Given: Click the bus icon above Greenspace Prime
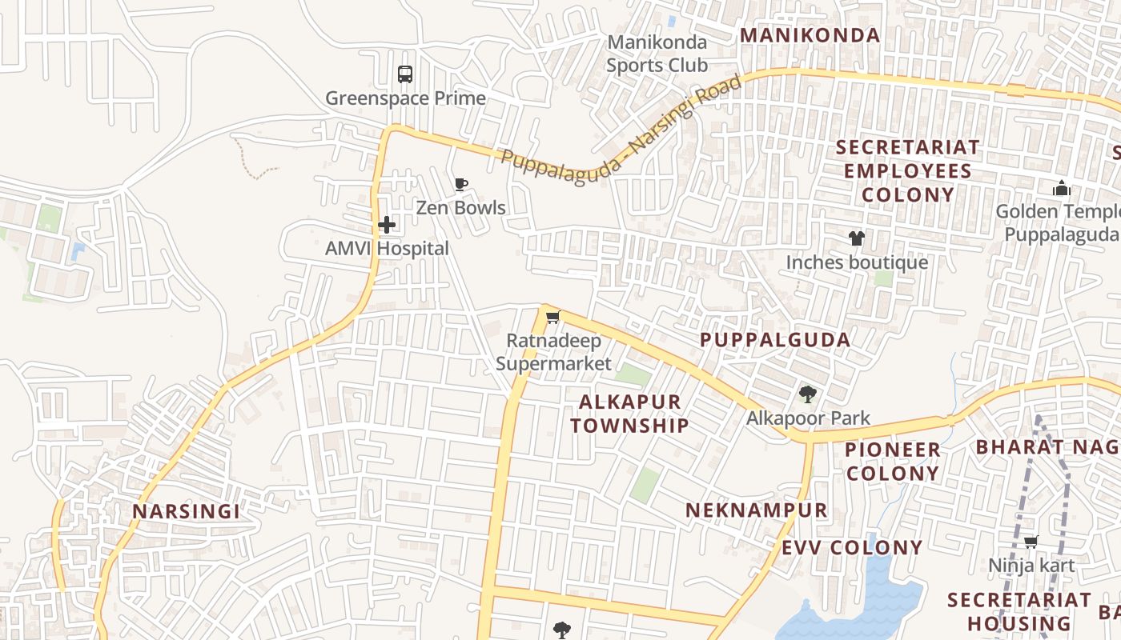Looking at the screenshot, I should tap(405, 74).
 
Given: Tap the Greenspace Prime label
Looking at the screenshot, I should tap(405, 98).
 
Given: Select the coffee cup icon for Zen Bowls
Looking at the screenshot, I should tap(461, 185).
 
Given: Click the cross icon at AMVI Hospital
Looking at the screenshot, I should tap(387, 225).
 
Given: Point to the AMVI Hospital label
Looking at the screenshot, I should tap(387, 249).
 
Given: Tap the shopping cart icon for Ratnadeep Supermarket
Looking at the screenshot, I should tap(552, 318).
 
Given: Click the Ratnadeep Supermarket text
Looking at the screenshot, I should tap(553, 353).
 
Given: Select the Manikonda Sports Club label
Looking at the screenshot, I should tap(657, 54).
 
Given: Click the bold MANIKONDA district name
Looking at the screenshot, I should tap(810, 35).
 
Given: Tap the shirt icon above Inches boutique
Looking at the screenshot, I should tap(857, 238).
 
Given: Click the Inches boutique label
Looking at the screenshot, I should tap(857, 262).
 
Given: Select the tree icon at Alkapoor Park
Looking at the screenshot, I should tap(807, 394).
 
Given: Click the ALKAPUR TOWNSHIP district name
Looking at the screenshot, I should tap(629, 414).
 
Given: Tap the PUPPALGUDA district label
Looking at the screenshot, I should tap(775, 340).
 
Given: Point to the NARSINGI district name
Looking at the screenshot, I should tap(186, 512).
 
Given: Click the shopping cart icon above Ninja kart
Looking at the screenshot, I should tap(1031, 542).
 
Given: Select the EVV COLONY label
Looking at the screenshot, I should tap(852, 548).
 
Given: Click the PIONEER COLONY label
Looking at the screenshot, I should tap(893, 462).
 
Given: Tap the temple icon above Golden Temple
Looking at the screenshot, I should tap(1062, 189).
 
